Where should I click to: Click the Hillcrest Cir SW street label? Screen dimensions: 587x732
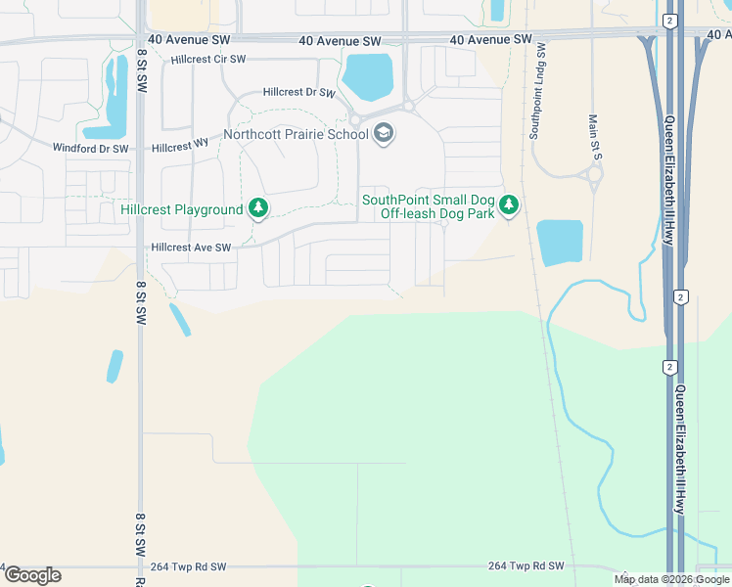pos(207,60)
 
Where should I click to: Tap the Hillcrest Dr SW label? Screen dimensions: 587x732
pos(299,93)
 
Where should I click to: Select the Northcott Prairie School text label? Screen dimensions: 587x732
pos(295,134)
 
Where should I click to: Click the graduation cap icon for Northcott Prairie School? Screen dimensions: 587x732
pos(384,134)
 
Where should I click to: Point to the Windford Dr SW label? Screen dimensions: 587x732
pos(89,149)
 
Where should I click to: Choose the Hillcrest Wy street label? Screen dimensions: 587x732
pos(181,144)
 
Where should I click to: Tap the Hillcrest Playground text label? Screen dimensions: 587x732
pos(181,209)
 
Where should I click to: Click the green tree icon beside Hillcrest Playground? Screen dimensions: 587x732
pos(258,207)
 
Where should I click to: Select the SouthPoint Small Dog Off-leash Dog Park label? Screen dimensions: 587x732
pos(428,206)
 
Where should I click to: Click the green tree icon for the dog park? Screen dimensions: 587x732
pos(508,205)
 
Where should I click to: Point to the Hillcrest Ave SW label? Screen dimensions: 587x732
pos(191,248)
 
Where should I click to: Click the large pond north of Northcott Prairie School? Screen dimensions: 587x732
pos(368,76)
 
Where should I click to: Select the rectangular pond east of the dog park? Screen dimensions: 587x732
pos(560,243)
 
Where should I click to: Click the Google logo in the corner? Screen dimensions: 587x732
pos(32,575)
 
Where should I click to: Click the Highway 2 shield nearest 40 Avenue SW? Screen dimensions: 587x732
pos(668,20)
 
